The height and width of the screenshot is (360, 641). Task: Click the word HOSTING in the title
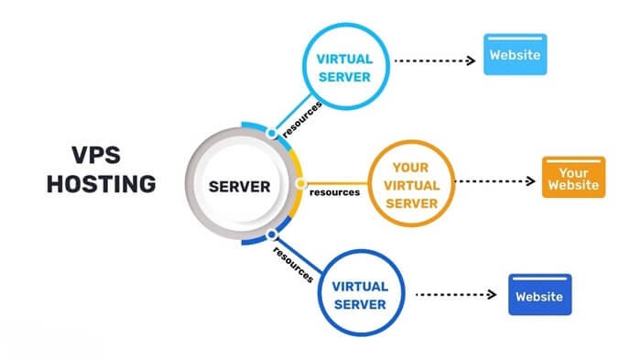point(101,184)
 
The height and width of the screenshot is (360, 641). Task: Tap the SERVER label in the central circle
point(240,187)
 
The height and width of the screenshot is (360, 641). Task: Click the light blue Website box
point(515,54)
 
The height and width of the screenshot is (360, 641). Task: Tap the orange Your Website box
point(572,178)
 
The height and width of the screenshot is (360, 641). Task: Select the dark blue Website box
point(540,296)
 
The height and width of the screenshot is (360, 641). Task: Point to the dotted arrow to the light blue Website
point(431,61)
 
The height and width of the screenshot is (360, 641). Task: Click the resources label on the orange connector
point(333,192)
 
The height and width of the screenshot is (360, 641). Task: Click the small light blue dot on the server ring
point(271,133)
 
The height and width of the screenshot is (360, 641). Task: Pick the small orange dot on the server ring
point(300,183)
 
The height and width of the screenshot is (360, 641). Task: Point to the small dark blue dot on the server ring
point(271,235)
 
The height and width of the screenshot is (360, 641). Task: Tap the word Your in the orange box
point(572,171)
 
